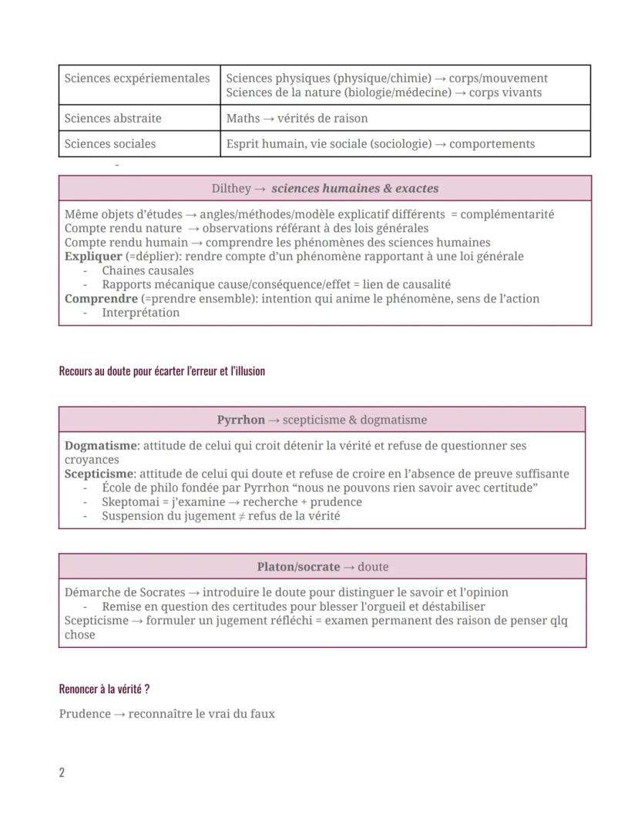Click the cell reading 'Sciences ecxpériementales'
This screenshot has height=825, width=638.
coord(137,79)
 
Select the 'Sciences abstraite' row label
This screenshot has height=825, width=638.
coord(113,119)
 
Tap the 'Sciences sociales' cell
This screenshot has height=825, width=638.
coord(110,144)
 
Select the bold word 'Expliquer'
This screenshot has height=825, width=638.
coord(93,257)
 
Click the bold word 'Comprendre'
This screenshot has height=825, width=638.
coord(101,299)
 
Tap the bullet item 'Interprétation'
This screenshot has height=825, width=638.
coord(140,313)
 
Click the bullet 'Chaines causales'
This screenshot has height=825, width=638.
coord(147,271)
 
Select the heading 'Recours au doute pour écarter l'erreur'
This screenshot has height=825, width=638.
coord(162,371)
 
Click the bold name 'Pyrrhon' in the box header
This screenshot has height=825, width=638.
coord(240,420)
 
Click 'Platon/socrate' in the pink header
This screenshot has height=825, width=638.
coord(298,567)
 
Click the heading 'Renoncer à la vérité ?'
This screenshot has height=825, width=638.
coord(104,689)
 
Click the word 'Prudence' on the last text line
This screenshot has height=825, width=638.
coord(85,714)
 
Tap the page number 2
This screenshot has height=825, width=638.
coord(62,773)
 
